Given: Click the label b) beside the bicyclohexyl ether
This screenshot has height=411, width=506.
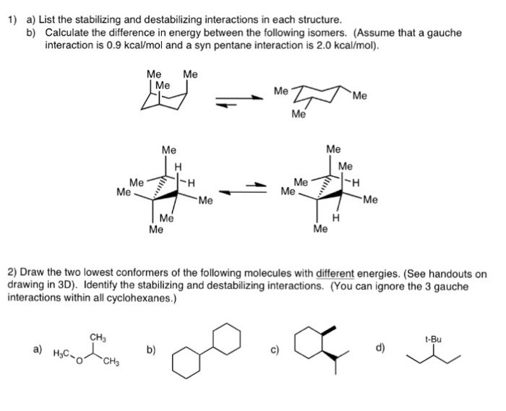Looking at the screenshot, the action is pos(150,351).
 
